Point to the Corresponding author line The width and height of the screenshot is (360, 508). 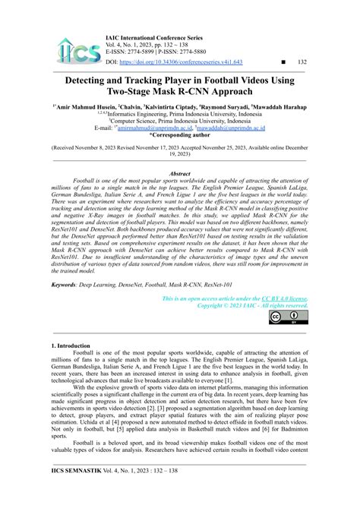point(179,134)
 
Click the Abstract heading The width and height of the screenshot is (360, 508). point(179,174)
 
